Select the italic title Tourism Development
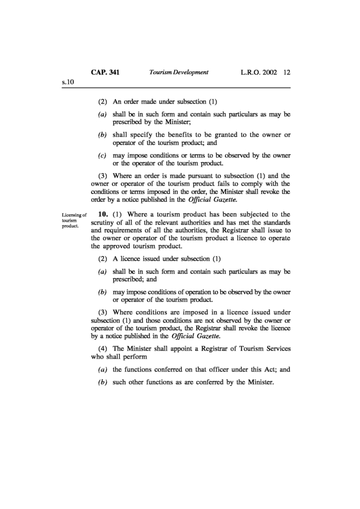coord(178,72)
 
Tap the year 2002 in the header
coord(268,72)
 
